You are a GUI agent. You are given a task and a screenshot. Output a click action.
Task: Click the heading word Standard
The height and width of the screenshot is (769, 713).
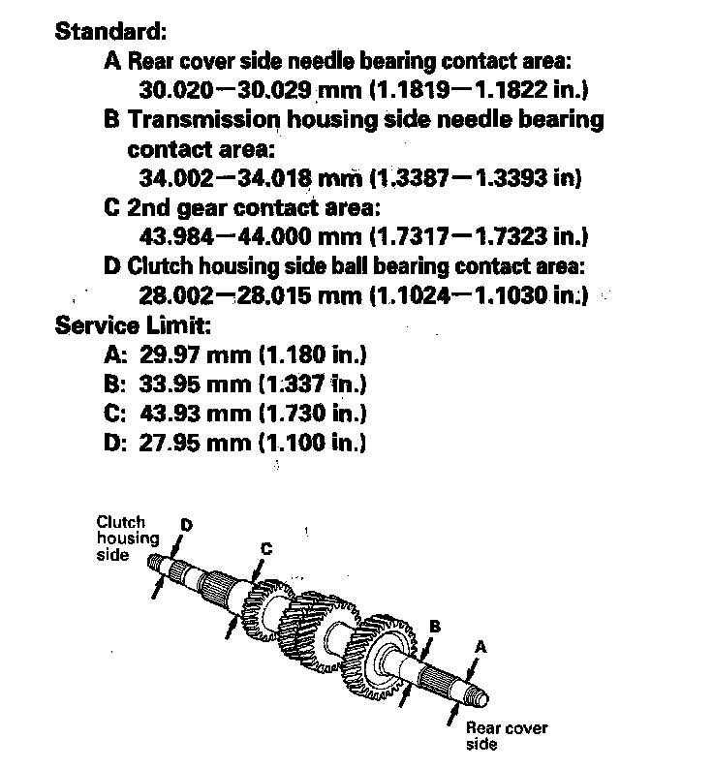tap(112, 30)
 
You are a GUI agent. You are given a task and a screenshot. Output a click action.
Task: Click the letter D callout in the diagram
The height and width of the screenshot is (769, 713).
tap(186, 525)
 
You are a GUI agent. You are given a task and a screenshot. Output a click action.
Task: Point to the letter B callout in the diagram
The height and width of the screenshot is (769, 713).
tap(435, 627)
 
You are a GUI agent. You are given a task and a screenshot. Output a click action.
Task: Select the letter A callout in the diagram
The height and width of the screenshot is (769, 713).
tap(480, 646)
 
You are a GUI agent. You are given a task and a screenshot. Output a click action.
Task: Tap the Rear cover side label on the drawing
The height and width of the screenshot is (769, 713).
tap(506, 735)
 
